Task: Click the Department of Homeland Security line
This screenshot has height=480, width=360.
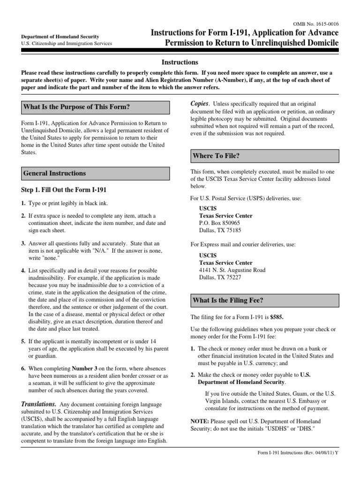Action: (60, 36)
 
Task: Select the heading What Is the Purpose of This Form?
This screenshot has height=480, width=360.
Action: (76, 107)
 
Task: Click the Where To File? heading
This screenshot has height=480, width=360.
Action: (216, 156)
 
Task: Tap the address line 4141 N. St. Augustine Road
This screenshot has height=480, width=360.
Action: (232, 270)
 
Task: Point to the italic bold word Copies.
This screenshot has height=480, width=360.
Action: (199, 103)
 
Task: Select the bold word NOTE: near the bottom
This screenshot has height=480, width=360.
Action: (200, 421)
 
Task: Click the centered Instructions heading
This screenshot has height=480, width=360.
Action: (180, 62)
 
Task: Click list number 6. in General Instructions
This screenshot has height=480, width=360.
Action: (23, 368)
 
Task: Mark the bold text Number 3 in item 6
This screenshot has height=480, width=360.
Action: (83, 368)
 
